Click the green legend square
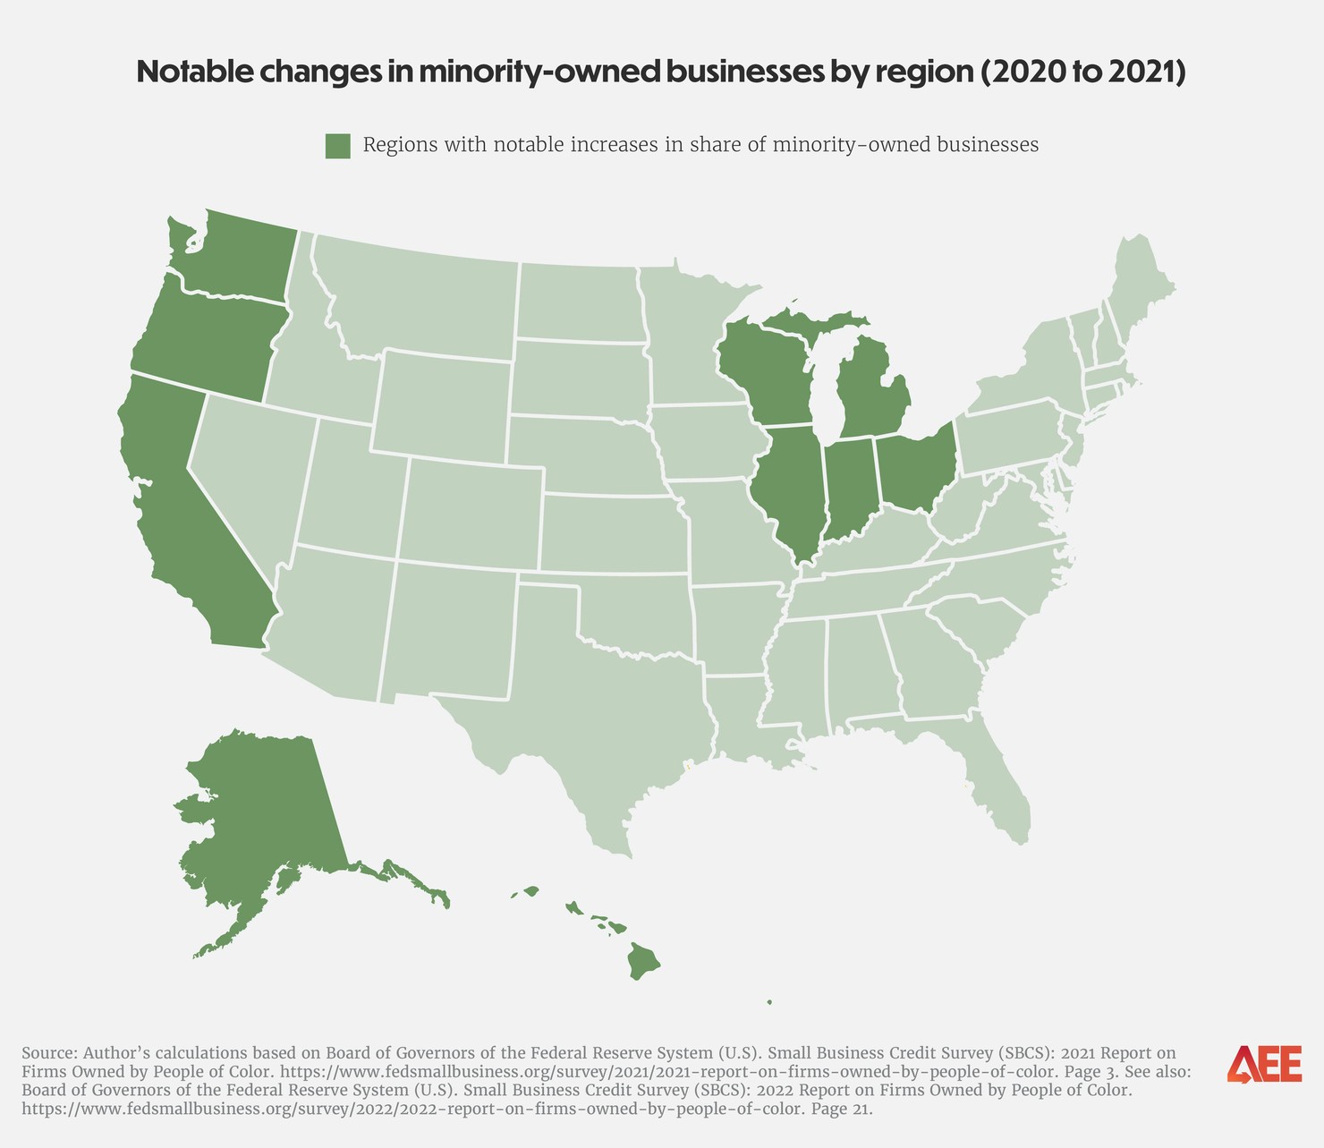point(337,146)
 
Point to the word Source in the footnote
point(48,1052)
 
